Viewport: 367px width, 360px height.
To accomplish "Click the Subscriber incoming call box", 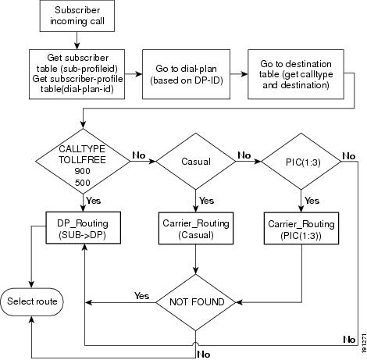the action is [77, 16].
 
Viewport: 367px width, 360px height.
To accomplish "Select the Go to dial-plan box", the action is [186, 74].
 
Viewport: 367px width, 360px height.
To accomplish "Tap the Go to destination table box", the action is [296, 74].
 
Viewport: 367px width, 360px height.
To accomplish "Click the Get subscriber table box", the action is [77, 74].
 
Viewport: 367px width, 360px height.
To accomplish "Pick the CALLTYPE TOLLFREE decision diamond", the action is [83, 162].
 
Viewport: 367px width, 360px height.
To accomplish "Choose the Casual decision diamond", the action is [196, 162].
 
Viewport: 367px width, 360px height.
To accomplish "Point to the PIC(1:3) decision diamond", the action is [301, 162].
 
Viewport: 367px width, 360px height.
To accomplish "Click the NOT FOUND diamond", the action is [196, 302].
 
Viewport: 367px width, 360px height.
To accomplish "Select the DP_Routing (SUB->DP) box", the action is [84, 228].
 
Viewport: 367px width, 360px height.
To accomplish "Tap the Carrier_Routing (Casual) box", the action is [196, 228].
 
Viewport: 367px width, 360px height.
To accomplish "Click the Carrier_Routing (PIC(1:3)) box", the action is [301, 228].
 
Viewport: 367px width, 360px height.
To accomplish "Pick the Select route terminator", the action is [32, 302].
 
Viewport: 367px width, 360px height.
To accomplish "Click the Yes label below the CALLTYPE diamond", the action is [94, 201].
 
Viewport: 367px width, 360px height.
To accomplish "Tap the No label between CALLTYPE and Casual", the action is [139, 155].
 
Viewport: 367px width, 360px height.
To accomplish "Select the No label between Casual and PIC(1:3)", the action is [244, 155].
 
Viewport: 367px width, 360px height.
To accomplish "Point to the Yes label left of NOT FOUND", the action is [141, 296].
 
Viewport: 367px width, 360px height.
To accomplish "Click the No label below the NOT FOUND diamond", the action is [204, 355].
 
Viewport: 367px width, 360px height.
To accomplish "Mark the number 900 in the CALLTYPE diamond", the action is [83, 171].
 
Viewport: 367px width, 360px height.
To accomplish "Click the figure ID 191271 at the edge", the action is [364, 343].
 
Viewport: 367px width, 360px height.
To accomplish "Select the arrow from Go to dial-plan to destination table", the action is [239, 74].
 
